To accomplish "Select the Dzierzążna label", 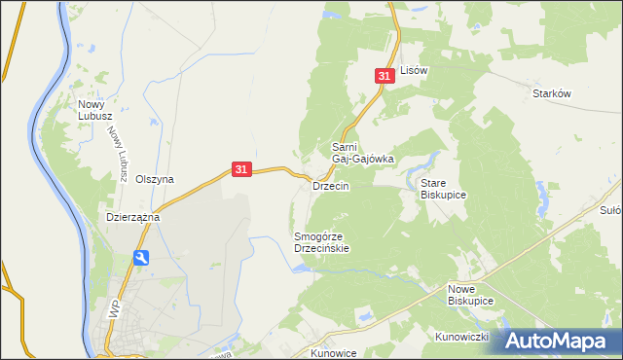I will pyautogui.click(x=132, y=218).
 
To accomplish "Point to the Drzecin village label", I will pyautogui.click(x=330, y=185).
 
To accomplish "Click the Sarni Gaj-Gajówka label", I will pyautogui.click(x=362, y=153).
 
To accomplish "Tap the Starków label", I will pyautogui.click(x=551, y=93).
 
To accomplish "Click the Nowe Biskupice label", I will pyautogui.click(x=471, y=295).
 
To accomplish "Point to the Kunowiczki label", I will pyautogui.click(x=461, y=337).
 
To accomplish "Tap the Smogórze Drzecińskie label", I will pyautogui.click(x=321, y=242).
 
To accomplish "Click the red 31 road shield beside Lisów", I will pyautogui.click(x=385, y=75).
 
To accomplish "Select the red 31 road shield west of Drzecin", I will pyautogui.click(x=243, y=169).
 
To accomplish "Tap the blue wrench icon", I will pyautogui.click(x=143, y=258).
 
